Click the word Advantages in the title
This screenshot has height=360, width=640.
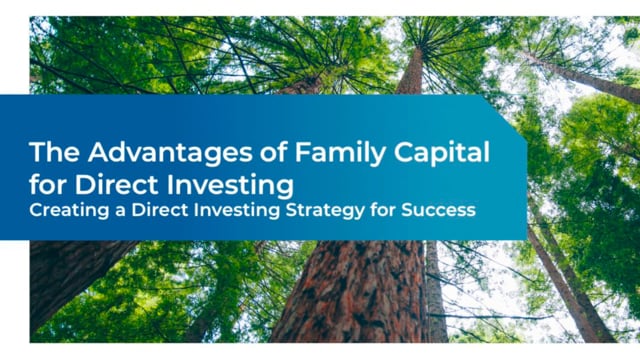coord(170,153)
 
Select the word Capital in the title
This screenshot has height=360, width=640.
coord(442,153)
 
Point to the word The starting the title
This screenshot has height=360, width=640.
coord(54,152)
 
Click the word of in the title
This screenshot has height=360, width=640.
coord(273,152)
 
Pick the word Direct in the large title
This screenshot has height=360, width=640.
coord(116,184)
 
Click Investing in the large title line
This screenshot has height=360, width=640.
coord(230,187)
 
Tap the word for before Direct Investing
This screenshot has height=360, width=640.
coord(48,184)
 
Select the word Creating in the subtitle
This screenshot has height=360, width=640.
coord(69,211)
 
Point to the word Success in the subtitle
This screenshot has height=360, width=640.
coord(438,210)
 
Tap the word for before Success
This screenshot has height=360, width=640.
coord(383,210)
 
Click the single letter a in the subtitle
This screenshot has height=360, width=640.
coord(120,212)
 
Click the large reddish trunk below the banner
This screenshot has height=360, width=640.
coord(351,291)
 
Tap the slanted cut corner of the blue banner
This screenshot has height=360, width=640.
coord(504,117)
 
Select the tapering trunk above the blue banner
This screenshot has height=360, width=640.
coord(411,70)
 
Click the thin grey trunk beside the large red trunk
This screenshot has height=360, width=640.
coord(436,292)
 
